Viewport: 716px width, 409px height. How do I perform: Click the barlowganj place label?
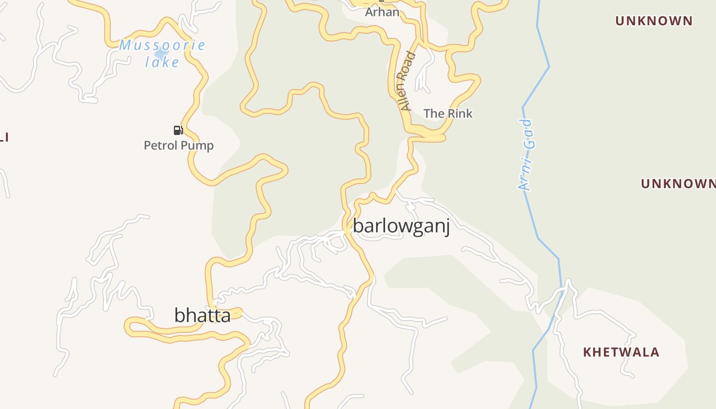point(401,226)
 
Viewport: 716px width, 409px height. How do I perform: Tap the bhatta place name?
point(203,315)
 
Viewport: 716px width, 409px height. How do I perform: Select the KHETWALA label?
point(621,352)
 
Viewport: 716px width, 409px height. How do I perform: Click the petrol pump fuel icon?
point(178,130)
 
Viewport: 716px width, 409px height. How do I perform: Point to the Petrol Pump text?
point(178,146)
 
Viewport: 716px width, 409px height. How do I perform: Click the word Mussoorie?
point(162,45)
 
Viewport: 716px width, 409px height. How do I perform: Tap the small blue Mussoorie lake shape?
point(161,53)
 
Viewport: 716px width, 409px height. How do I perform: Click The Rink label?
point(448,113)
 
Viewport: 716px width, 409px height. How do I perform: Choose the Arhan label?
point(382,12)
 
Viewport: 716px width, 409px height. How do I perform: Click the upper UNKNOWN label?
point(654,21)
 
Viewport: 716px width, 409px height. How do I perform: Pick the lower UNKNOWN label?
point(678,184)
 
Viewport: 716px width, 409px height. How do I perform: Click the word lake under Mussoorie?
point(162,62)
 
